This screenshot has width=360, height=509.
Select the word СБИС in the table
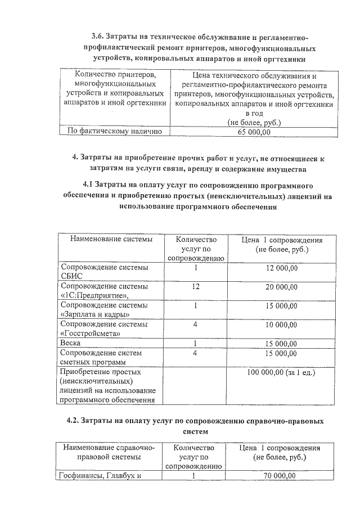pos(71,276)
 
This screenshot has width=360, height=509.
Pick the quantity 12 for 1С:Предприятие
pos(196,286)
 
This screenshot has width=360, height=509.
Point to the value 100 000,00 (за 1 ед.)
pos(281,372)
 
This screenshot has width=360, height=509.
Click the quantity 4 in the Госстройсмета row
pos(195,325)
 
